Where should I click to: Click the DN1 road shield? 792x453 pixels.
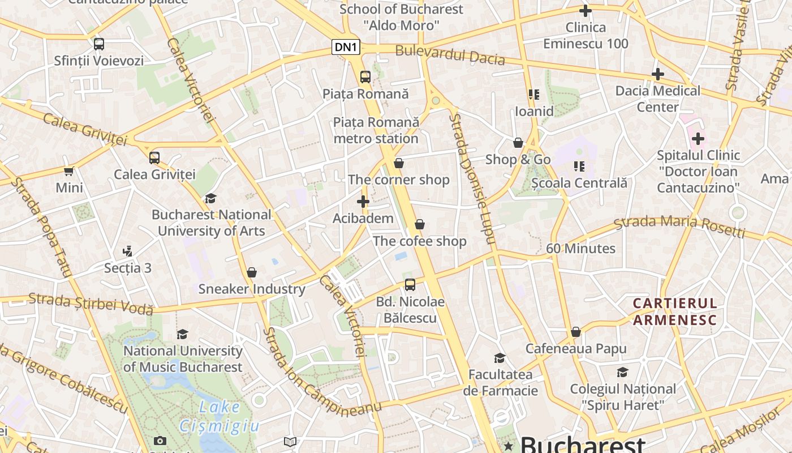coord(346,47)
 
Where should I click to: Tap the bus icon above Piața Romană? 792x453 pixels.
coord(365,77)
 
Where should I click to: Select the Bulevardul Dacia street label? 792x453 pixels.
coord(450,54)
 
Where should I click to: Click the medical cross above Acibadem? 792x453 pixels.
coord(363,202)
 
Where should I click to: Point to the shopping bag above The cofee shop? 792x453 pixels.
coord(420,225)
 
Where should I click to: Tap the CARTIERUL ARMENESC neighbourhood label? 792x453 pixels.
coord(674,311)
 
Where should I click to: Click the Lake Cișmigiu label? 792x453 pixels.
coord(219,416)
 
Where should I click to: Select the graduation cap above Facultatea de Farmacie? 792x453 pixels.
coord(500,358)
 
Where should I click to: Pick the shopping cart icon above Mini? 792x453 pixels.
coord(69,171)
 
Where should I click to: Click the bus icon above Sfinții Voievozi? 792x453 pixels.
coord(99,44)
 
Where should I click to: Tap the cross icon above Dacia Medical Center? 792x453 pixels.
coord(657,74)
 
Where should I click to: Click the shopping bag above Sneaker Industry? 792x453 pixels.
coord(252,272)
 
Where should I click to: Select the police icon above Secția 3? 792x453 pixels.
coord(128,251)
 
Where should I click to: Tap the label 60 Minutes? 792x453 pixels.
coord(580,249)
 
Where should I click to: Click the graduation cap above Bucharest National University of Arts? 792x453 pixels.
coord(211,198)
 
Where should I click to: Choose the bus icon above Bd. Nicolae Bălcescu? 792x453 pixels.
coord(410,285)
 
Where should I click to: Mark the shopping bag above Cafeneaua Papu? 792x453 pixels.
coord(576,332)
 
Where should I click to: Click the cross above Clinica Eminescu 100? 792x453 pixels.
coord(586,11)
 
